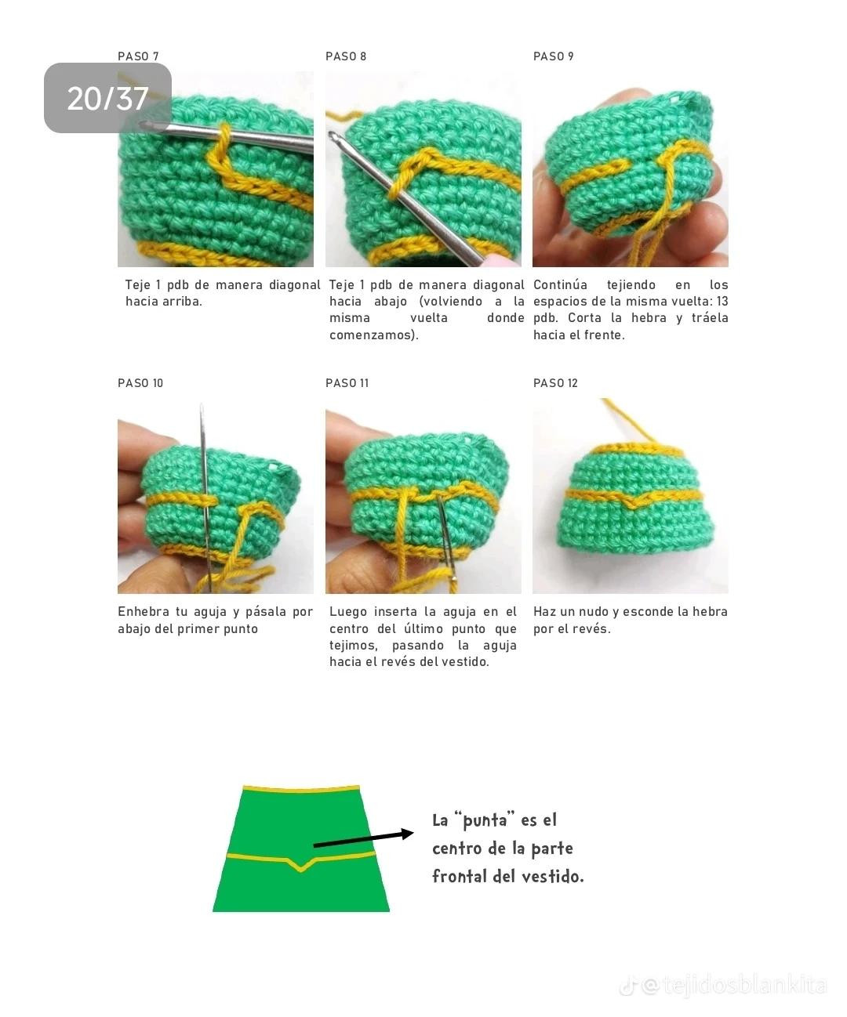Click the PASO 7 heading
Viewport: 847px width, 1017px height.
(138, 56)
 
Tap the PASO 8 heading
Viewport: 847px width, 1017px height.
(346, 56)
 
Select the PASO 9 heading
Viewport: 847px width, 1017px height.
(553, 56)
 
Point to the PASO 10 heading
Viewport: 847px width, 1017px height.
(140, 383)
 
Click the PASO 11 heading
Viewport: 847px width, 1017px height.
(347, 383)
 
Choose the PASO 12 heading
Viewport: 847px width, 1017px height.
(555, 383)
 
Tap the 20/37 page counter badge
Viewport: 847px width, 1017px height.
(107, 98)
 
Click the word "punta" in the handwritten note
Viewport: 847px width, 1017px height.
(485, 820)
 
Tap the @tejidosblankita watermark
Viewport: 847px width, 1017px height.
(733, 985)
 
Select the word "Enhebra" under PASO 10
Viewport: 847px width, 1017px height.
(143, 612)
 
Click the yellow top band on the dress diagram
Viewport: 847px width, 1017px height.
(301, 790)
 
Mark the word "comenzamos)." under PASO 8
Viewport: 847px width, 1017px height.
(373, 335)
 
